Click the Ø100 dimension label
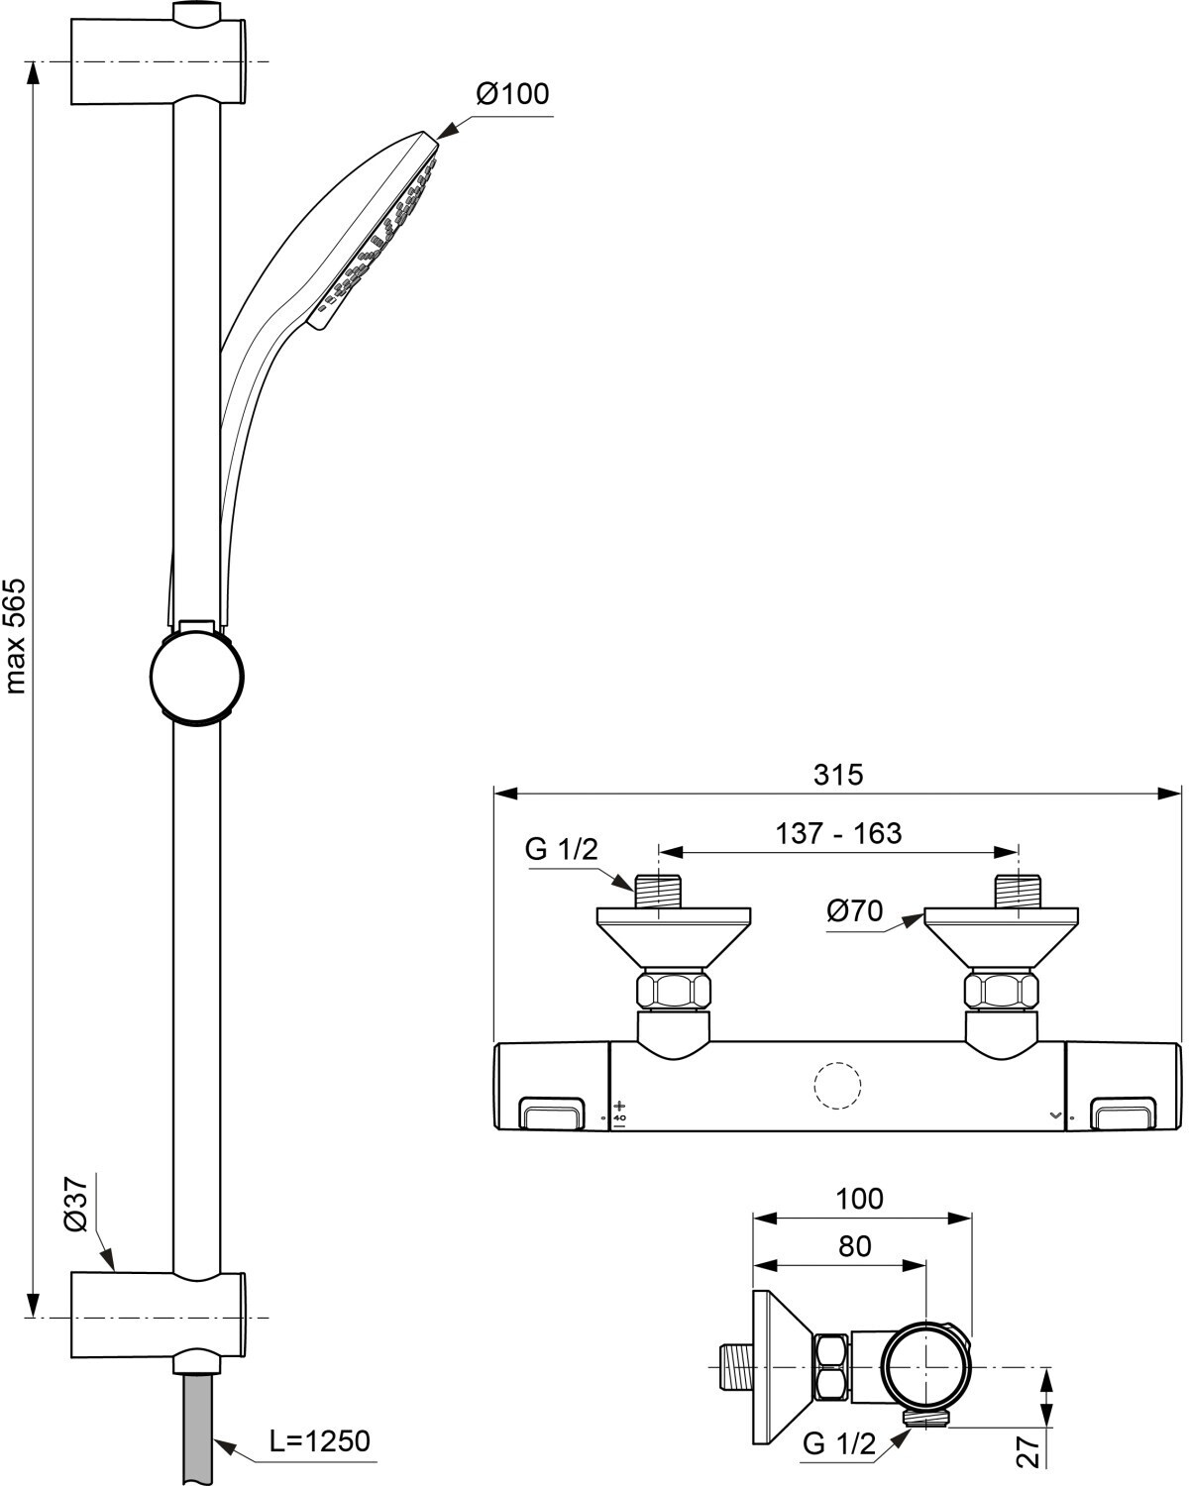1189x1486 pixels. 512,94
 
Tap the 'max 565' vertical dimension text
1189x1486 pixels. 15,636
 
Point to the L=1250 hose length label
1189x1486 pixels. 319,1440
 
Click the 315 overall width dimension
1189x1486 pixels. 838,775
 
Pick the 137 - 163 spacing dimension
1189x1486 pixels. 838,833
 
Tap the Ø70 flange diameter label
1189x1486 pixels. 855,911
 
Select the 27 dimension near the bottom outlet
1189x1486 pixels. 1028,1453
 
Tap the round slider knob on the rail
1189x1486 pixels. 197,676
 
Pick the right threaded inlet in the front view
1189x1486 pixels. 1018,892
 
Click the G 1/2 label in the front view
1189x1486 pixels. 561,849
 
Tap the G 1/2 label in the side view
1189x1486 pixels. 839,1443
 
